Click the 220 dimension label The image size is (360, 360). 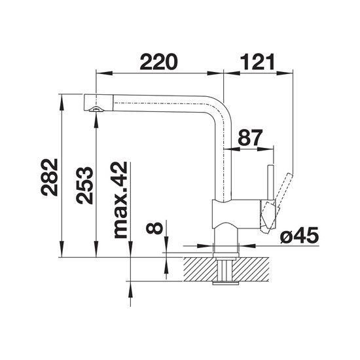pyautogui.click(x=158, y=62)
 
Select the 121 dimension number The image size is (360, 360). pyautogui.click(x=257, y=62)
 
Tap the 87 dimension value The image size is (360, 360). pyautogui.click(x=250, y=137)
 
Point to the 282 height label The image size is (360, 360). pyautogui.click(x=49, y=177)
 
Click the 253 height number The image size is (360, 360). pyautogui.click(x=84, y=185)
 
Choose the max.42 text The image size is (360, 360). pyautogui.click(x=119, y=200)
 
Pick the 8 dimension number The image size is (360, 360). pyautogui.click(x=154, y=228)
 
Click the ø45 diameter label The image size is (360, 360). pyautogui.click(x=299, y=235)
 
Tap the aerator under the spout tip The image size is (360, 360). pyautogui.click(x=96, y=109)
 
